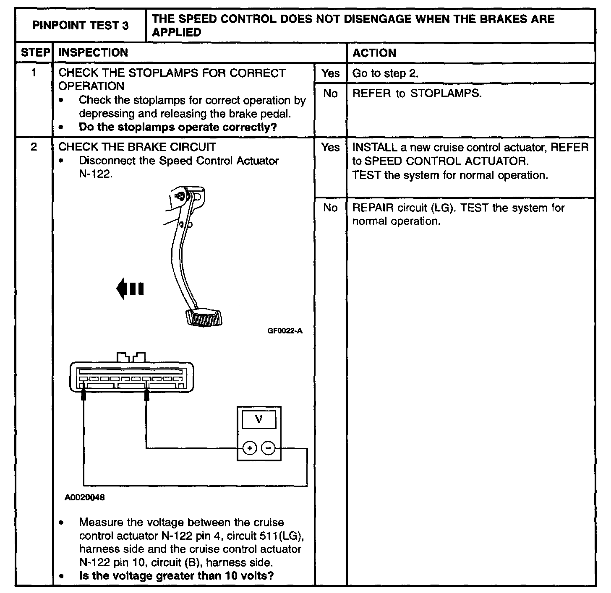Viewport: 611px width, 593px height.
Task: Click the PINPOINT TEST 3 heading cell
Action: (81, 26)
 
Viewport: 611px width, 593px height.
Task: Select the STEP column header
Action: (34, 53)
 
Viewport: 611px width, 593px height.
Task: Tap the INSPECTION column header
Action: (93, 53)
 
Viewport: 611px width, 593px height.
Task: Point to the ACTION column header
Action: (374, 53)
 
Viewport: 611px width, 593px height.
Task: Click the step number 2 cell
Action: (34, 147)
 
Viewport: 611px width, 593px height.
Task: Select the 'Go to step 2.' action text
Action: (385, 73)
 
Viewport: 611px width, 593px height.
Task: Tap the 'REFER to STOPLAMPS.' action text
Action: (417, 93)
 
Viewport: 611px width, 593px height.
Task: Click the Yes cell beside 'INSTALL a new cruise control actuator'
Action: (330, 147)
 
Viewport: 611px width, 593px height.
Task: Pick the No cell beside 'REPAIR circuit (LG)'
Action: (330, 208)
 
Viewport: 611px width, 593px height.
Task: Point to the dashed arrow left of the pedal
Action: (130, 289)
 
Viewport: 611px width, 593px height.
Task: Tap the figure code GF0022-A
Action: (285, 331)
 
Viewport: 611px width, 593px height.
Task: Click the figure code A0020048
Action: (85, 497)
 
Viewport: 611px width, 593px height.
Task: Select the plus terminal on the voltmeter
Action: (250, 448)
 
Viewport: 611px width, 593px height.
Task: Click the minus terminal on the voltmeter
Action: (269, 448)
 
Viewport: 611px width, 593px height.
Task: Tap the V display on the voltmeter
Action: (259, 419)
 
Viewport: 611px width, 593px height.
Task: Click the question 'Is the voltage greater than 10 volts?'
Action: (176, 575)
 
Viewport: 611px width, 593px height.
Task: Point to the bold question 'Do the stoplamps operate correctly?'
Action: (178, 127)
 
